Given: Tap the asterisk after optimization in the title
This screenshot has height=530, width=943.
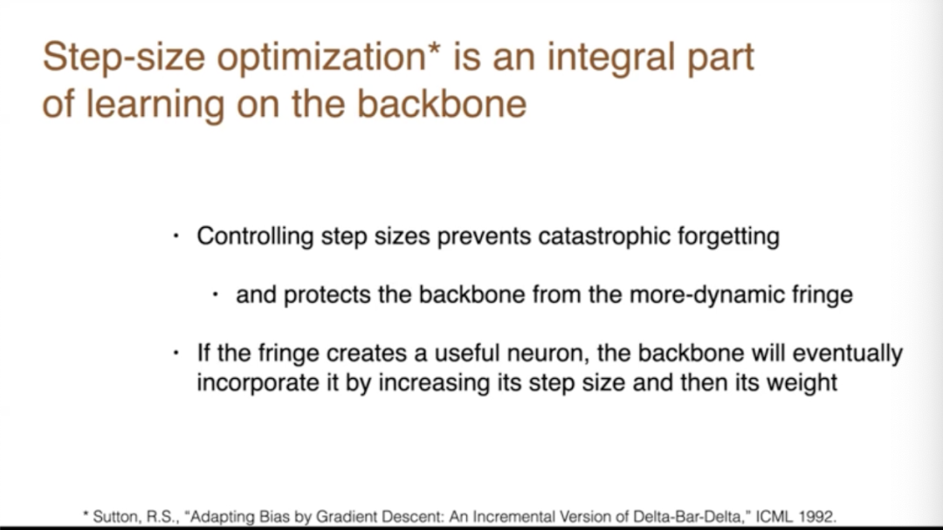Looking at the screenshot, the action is (435, 48).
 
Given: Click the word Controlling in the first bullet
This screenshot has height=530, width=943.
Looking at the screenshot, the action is (255, 237).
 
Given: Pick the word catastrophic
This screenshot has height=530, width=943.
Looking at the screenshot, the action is (604, 236).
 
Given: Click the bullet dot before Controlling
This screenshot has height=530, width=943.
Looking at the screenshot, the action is (176, 237).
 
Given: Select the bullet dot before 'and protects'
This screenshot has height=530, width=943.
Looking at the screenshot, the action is (216, 295).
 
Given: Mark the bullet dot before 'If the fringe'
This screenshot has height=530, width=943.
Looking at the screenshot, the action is (176, 353).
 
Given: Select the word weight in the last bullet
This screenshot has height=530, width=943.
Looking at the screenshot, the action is (801, 383).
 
